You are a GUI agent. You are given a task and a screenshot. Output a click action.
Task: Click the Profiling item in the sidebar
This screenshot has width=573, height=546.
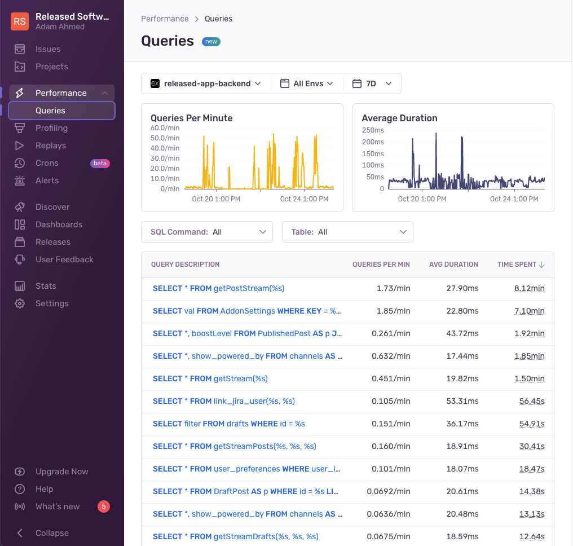51,128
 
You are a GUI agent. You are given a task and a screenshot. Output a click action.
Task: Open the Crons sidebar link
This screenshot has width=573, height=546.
47,163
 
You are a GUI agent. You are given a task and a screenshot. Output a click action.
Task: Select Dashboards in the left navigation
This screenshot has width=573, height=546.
59,224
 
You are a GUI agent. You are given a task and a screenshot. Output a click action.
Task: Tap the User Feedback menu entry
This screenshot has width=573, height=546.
64,259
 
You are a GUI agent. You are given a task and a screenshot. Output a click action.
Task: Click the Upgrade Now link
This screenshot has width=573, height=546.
61,472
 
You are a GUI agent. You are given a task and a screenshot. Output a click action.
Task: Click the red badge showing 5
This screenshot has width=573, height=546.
103,507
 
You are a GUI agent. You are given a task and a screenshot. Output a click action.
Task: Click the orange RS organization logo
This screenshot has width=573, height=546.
20,21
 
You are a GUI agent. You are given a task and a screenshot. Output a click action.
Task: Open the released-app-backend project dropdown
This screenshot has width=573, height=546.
206,83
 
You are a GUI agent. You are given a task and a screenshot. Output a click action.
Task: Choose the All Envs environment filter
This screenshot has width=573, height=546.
307,83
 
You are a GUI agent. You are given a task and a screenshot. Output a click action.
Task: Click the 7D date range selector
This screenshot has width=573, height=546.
372,83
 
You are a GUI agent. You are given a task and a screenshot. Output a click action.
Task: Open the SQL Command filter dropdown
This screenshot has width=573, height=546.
206,232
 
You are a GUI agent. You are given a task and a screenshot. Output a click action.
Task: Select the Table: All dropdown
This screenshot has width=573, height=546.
347,232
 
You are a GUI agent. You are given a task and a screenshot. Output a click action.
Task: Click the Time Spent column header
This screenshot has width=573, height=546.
521,265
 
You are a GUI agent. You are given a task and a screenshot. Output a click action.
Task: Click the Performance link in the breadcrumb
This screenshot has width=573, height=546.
165,19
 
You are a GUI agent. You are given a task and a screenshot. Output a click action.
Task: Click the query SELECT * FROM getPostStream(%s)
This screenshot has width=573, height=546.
218,288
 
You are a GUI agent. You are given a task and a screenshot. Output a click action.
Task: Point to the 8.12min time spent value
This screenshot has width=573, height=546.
529,288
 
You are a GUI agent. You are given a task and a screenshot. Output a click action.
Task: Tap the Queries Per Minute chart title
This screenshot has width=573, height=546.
191,118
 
